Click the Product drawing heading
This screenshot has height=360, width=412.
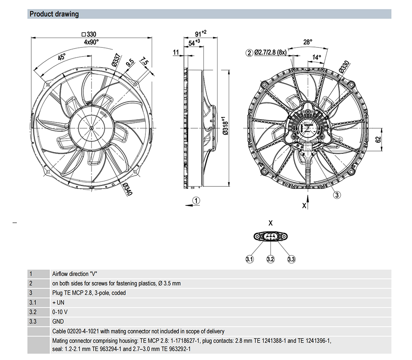[54, 14]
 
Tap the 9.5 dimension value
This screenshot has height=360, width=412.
[130, 64]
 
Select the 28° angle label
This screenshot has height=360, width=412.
[308, 42]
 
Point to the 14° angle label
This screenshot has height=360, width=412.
[316, 57]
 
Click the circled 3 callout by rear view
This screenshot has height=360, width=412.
[337, 195]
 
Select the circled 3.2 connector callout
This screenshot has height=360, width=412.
[270, 259]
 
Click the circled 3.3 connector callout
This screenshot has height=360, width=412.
[291, 259]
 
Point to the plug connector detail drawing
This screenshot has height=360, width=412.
[270, 236]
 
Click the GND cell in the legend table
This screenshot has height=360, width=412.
[58, 321]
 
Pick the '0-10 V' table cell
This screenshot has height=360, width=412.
[61, 312]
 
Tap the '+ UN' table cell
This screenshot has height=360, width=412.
[58, 302]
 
